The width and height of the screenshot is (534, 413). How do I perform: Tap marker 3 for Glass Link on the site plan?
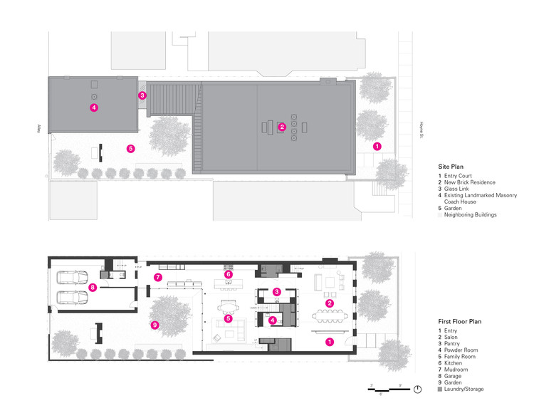tap(142, 95)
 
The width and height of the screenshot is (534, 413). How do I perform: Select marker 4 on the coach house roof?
tap(93, 108)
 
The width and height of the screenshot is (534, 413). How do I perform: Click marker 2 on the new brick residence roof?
tap(282, 127)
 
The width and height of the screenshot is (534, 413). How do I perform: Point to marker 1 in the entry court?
tap(377, 145)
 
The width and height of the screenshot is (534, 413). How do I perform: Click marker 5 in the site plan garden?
tap(130, 149)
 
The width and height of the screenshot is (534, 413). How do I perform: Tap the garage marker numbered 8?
tap(93, 288)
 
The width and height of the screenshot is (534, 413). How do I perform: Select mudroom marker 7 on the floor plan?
tap(159, 277)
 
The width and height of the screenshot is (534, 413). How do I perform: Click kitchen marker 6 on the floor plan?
tap(229, 274)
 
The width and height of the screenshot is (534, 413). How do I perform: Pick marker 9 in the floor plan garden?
tap(155, 325)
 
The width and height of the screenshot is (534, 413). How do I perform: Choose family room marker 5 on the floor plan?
tap(229, 318)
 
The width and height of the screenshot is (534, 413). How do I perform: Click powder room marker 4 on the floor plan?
tap(273, 320)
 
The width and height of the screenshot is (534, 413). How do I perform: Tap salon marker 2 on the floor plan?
tap(330, 303)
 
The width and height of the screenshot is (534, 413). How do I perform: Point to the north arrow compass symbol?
tap(418, 389)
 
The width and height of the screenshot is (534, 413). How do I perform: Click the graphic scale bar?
tap(384, 389)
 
